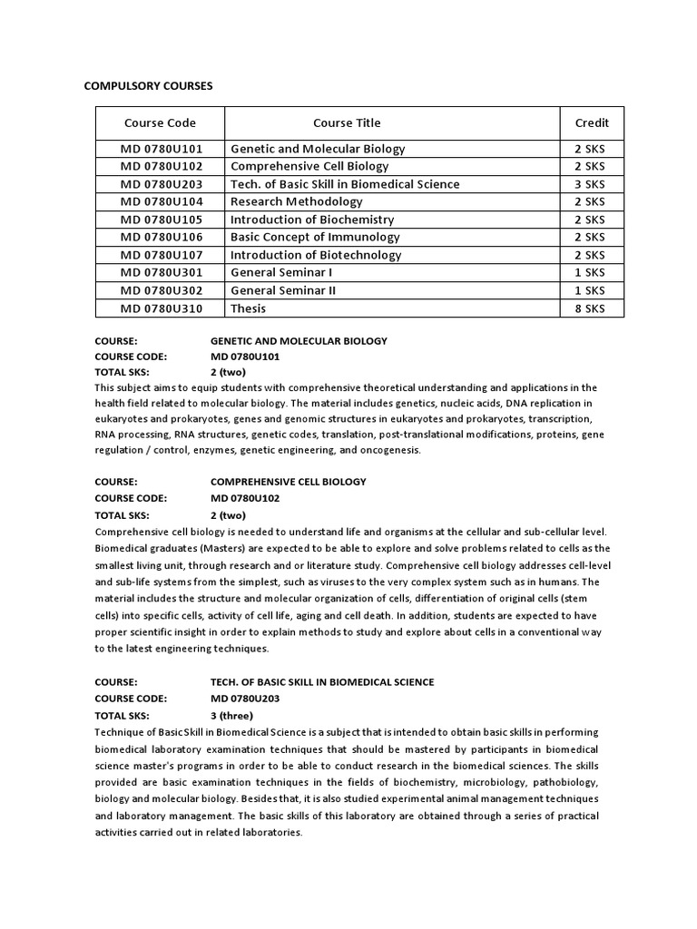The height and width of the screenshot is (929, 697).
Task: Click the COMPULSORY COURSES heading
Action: point(148,86)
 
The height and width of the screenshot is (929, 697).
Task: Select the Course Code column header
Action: point(160,122)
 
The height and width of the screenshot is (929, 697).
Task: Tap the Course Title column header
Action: point(347,122)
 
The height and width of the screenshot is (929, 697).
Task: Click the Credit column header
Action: point(592,122)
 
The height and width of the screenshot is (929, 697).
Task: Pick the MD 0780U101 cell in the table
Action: point(162,149)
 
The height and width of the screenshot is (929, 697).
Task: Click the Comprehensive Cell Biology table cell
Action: point(309,166)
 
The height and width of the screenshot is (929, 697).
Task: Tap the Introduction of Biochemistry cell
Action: point(312,220)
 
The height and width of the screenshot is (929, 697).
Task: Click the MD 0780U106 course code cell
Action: point(162,238)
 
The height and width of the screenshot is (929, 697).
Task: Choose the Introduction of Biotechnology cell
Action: point(316,255)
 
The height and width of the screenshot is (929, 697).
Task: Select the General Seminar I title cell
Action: point(281,273)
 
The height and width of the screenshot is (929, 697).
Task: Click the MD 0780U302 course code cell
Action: point(162,290)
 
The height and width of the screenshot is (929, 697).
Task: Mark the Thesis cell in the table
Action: point(249,308)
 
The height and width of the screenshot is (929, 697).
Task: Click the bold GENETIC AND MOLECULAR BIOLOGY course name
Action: point(299,341)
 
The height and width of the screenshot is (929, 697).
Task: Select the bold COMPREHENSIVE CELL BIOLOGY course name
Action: point(289,482)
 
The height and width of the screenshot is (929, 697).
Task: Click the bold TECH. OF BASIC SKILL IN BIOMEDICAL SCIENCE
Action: point(322,681)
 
